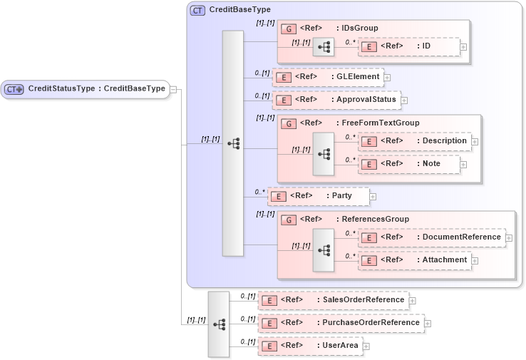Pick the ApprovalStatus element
[x=336, y=100]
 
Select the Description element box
[x=414, y=141]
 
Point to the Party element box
[x=319, y=196]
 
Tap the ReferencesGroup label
[x=373, y=220]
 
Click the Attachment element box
[x=414, y=260]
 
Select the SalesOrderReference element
[x=333, y=300]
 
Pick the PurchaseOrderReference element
[x=341, y=323]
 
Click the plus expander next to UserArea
[x=366, y=346]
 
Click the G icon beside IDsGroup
[x=289, y=29]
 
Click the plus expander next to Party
[x=373, y=197]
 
